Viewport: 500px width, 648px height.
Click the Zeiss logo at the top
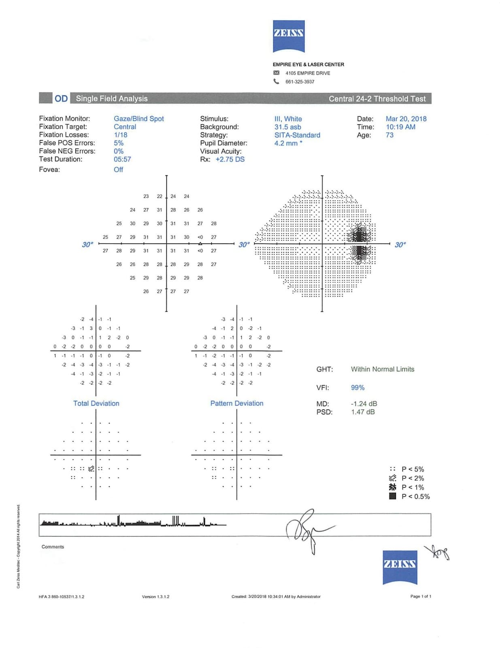[x=288, y=36]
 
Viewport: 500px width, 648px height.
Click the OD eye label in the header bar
[x=61, y=98]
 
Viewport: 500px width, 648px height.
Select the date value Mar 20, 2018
[x=406, y=119]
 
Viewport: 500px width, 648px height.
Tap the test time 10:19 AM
[x=400, y=127]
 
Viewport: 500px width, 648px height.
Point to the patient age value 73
[x=389, y=135]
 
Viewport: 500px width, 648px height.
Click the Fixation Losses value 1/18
[x=120, y=135]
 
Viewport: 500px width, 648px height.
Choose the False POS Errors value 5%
[x=119, y=143]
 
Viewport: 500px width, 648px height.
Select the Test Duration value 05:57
[x=122, y=159]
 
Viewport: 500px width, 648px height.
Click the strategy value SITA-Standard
[x=297, y=135]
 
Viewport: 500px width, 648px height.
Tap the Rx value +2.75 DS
[x=230, y=159]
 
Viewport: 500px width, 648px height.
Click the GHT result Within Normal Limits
[x=382, y=369]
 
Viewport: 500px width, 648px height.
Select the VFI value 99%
[x=357, y=388]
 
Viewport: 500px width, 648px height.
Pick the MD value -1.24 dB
[x=364, y=404]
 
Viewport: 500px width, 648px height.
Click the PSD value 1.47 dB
[x=363, y=412]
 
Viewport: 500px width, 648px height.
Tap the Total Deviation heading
[x=96, y=403]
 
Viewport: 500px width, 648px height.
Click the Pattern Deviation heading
[x=236, y=403]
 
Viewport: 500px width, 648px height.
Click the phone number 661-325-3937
[x=300, y=82]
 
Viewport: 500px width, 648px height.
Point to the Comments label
[x=53, y=547]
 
